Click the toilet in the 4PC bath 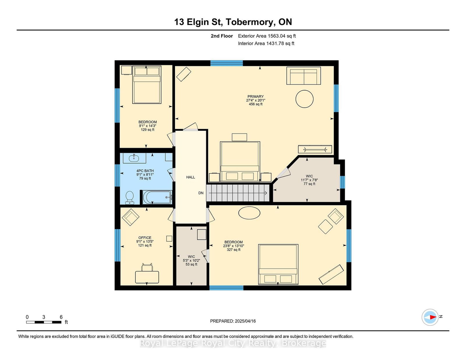click(x=130, y=198)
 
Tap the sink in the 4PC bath click(x=134, y=158)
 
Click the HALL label click(x=190, y=177)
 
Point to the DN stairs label click(x=201, y=193)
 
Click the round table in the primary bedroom click(x=304, y=99)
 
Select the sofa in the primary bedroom click(x=304, y=76)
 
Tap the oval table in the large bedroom click(x=249, y=213)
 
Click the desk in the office click(x=147, y=277)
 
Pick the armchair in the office click(x=130, y=217)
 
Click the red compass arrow click(x=433, y=317)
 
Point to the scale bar click(x=44, y=322)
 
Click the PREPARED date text click(x=233, y=321)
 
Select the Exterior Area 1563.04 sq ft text click(x=267, y=36)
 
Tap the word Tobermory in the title click(x=250, y=22)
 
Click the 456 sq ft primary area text click(x=256, y=104)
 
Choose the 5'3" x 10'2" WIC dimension click(x=191, y=260)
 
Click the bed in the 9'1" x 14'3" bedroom click(x=147, y=85)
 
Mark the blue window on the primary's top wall click(x=227, y=63)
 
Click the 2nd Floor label click(x=222, y=36)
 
